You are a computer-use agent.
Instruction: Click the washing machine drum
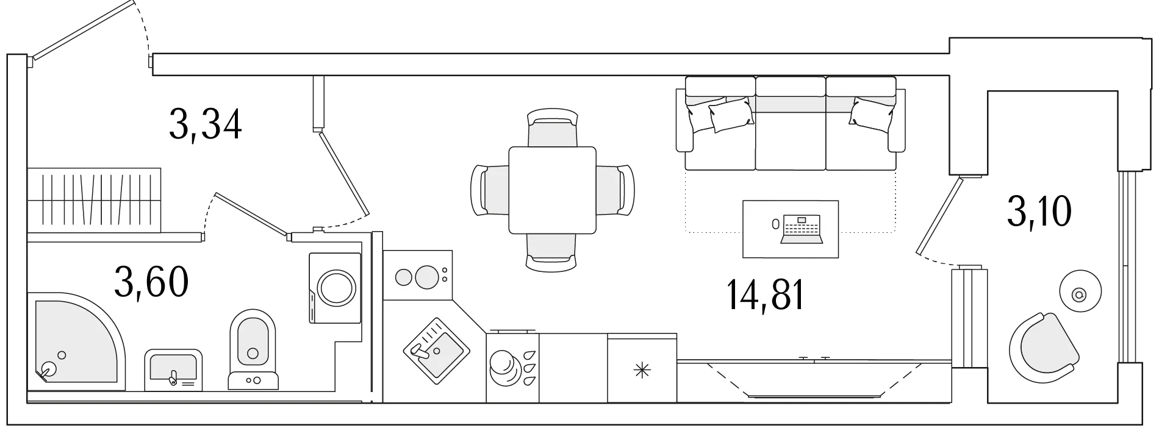click(x=334, y=288)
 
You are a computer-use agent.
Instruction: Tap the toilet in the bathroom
click(x=253, y=349)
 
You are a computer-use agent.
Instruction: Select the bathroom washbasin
click(x=173, y=369)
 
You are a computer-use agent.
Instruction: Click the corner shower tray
click(x=76, y=341)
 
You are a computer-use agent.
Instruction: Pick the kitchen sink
click(x=436, y=351)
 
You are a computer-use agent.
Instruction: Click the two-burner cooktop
click(x=418, y=275)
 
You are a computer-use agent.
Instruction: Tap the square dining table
click(x=552, y=190)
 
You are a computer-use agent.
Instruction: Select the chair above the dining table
click(x=552, y=127)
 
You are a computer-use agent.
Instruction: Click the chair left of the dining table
click(x=490, y=190)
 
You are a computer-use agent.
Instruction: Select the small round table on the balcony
click(x=1080, y=294)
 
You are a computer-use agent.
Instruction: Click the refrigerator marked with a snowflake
click(x=642, y=368)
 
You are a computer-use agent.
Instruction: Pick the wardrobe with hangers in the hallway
click(x=95, y=200)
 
